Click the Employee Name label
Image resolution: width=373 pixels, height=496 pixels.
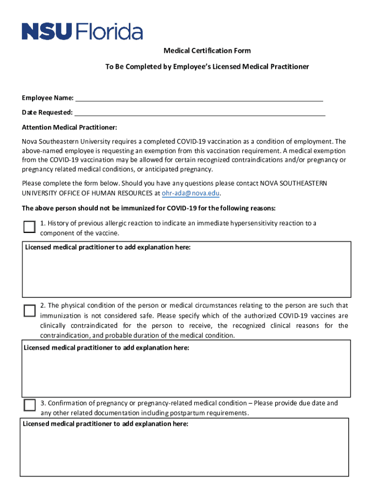tap(47, 98)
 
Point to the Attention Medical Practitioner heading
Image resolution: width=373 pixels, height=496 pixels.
tap(69, 127)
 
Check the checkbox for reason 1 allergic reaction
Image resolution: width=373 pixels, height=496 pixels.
tap(30, 227)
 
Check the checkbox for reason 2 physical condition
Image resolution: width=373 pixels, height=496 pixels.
tap(30, 310)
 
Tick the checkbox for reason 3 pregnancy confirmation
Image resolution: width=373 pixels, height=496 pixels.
tap(30, 405)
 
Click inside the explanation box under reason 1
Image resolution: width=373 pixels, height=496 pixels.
tap(186, 274)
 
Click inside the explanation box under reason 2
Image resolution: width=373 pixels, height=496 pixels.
tap(186, 373)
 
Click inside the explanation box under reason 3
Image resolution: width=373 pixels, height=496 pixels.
tap(184, 450)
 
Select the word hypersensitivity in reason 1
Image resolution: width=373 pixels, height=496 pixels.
tap(254, 223)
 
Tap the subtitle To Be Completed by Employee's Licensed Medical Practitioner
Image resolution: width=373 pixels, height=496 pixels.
tap(207, 66)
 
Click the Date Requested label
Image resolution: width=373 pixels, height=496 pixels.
tap(47, 113)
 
